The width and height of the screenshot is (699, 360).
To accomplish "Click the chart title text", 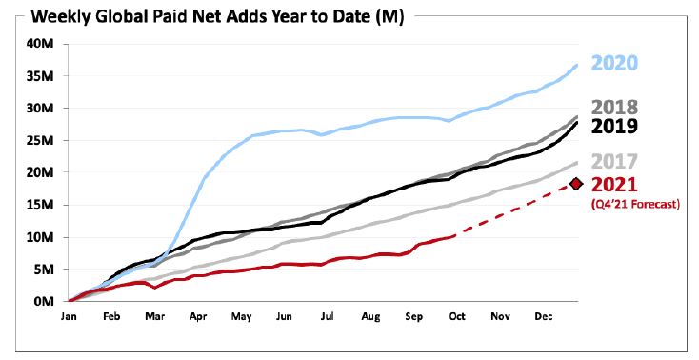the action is click(x=217, y=17).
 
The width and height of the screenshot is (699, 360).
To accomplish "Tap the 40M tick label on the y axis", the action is click(x=40, y=44).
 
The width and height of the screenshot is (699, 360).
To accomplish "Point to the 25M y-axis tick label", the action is click(x=40, y=141).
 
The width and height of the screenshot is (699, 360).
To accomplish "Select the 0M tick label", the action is click(x=44, y=301).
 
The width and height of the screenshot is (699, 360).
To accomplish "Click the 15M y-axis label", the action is click(x=40, y=205).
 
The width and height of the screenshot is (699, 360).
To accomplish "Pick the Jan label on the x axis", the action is click(x=69, y=316).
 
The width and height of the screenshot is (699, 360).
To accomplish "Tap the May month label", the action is click(x=241, y=317).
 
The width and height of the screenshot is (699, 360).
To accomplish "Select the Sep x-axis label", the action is click(x=413, y=317).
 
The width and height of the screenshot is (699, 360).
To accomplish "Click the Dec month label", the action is click(x=544, y=316).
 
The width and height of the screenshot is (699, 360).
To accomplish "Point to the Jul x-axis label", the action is click(x=328, y=316).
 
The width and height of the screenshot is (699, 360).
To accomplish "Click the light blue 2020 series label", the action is click(x=614, y=63).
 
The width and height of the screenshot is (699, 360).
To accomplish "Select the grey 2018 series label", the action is click(x=614, y=108).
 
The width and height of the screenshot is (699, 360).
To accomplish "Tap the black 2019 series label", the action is click(x=614, y=126).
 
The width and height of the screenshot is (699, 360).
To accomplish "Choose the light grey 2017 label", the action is click(x=614, y=162).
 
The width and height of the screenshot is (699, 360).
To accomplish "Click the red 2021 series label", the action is click(x=614, y=184).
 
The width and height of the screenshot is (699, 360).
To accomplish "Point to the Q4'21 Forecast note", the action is click(x=635, y=205).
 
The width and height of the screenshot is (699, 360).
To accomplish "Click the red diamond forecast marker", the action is click(x=576, y=184).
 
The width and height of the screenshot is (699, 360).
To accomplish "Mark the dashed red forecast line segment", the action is click(x=512, y=210).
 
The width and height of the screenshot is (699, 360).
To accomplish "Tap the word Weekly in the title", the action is click(x=63, y=17).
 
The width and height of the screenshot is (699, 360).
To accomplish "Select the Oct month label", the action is click(x=457, y=316).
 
